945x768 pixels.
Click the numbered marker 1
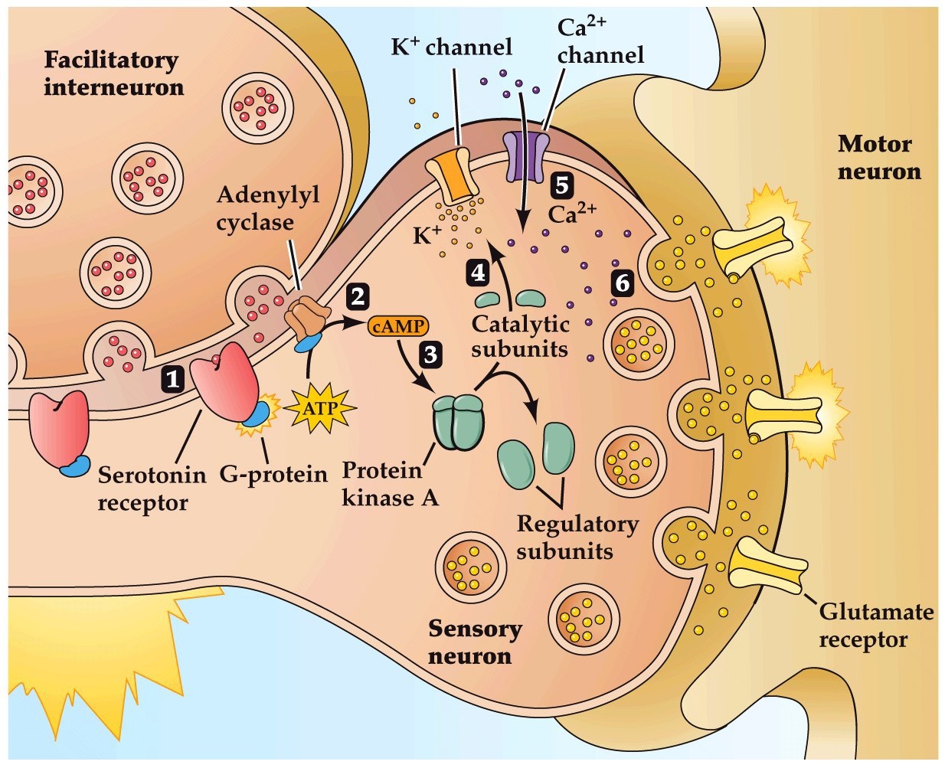pos(174,378)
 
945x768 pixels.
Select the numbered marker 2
pos(357,296)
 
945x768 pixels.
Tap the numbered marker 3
pos(430,355)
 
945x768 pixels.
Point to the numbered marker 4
pos(479,273)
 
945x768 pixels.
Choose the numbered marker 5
pos(561,185)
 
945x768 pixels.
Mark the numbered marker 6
pos(623,283)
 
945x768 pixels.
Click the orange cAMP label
pos(398,327)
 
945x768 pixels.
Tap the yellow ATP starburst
pos(320,408)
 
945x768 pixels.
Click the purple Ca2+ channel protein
pos(525,155)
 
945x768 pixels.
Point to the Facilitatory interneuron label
pos(113,74)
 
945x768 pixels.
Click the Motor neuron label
pos(878,157)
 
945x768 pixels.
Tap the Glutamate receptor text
pos(875,626)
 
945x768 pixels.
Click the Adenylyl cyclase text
pos(267,208)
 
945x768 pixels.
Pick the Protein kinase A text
pos(389,484)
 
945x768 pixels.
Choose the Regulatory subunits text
pos(577,538)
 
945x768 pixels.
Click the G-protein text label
pos(273,475)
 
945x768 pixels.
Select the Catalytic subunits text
pos(520,336)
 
